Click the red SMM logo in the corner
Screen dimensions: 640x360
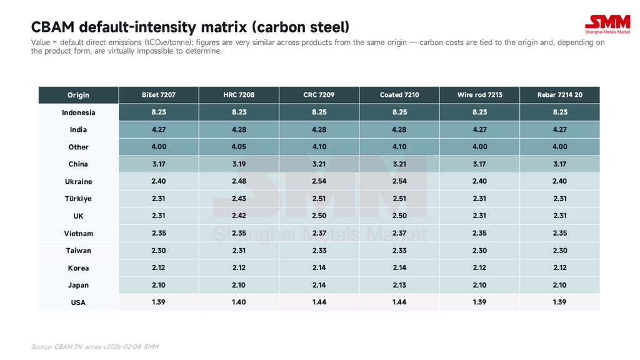607,25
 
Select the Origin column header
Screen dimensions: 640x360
78,95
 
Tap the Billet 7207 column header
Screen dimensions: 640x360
159,95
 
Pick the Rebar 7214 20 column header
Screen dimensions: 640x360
559,95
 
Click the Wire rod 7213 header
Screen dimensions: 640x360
479,95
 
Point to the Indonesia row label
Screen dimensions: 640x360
78,112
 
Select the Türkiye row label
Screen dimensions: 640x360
78,199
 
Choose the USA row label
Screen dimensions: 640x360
78,302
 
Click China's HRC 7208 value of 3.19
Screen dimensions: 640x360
239,164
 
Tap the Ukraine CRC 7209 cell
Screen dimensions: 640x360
319,181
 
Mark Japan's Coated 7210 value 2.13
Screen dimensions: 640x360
399,285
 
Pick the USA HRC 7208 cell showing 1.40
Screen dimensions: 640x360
239,302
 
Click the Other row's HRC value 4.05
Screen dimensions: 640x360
239,146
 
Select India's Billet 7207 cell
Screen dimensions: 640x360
159,129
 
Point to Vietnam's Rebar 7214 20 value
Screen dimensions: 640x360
559,233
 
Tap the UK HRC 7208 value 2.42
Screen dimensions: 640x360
239,216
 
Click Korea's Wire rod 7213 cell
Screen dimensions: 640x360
479,267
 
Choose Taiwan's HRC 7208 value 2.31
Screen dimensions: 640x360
239,250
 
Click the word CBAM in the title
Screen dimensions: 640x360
52,27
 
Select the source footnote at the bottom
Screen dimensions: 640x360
95,347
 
